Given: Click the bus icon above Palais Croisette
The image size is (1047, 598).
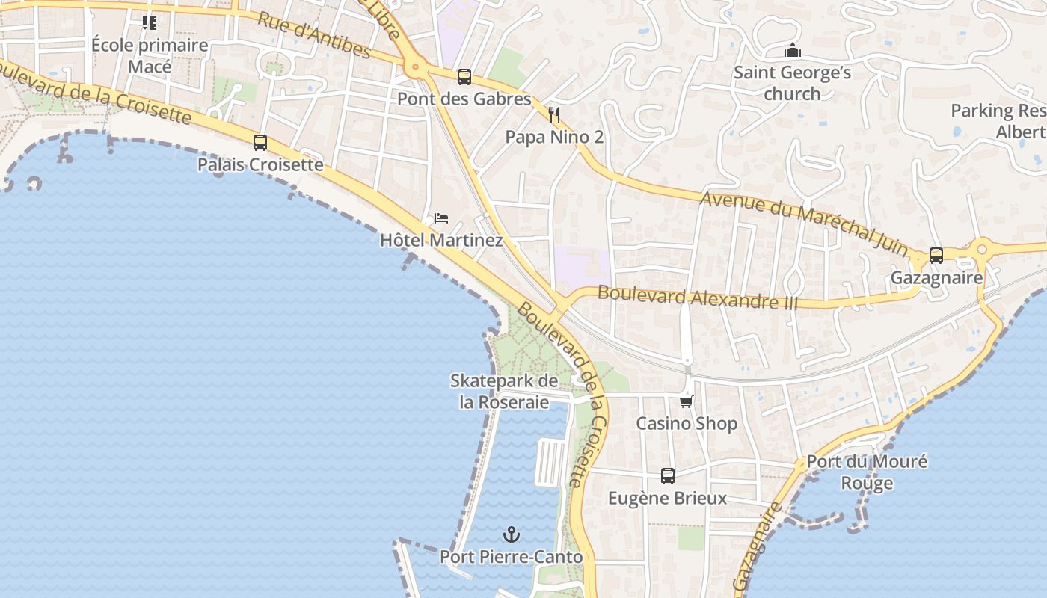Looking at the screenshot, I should (260, 142).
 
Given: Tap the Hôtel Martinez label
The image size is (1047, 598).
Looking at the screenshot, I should (441, 240).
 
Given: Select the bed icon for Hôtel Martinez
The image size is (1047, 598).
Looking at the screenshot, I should (441, 218).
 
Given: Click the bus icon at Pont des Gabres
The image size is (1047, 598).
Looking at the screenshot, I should (464, 76).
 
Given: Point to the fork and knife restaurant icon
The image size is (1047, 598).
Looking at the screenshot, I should (554, 114).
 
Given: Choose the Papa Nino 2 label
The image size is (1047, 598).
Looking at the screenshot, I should (554, 137).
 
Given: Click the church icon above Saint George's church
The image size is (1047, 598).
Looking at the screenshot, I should (793, 51).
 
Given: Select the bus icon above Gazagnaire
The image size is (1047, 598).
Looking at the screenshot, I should (936, 255).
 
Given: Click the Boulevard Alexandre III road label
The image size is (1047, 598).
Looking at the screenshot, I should (698, 298).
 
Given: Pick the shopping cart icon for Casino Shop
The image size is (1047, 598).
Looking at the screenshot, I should (687, 401).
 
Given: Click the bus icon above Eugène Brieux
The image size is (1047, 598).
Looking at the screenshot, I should (668, 475).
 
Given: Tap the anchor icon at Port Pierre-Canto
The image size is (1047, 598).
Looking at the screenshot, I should (512, 534).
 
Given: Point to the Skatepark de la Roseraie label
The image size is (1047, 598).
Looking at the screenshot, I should (504, 391).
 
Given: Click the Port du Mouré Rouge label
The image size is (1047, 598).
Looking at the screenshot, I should (867, 472).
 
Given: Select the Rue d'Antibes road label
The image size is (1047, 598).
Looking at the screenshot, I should (314, 35).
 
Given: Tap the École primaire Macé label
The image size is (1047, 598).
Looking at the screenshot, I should (150, 55).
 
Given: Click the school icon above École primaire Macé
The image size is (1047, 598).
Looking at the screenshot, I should (150, 23).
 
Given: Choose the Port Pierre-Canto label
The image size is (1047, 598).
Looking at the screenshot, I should (511, 557).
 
